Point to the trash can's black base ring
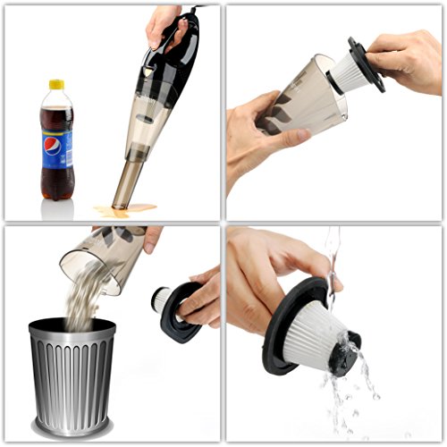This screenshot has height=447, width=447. [x=72, y=427]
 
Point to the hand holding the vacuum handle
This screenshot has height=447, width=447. [x=165, y=22]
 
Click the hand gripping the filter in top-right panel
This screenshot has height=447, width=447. [x=407, y=58]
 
